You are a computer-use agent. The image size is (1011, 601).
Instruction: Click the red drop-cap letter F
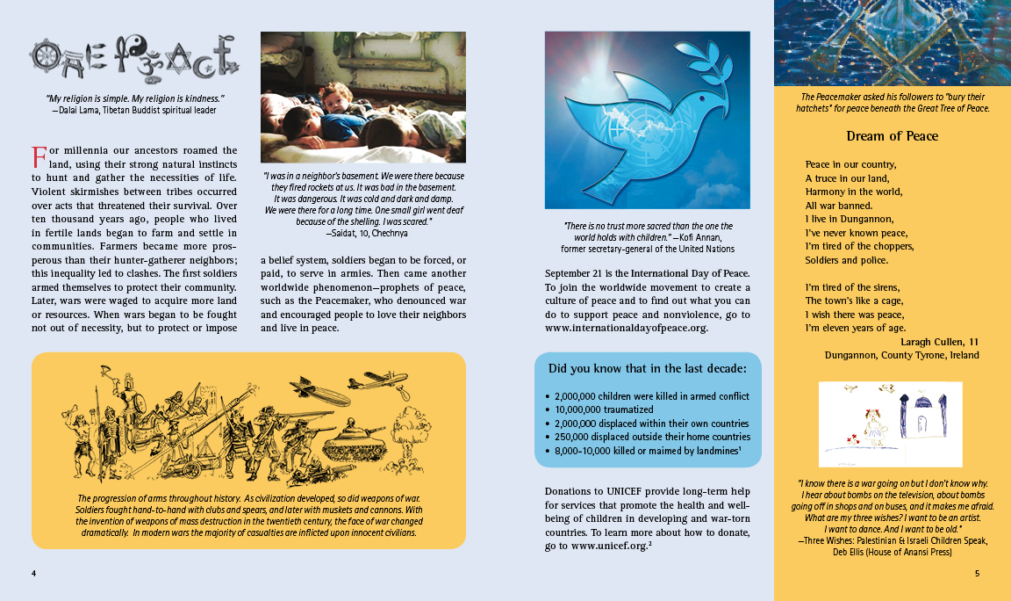tap(39, 158)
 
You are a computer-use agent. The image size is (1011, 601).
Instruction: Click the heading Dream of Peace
tap(892, 136)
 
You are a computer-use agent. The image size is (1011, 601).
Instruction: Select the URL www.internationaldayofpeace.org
tap(626, 329)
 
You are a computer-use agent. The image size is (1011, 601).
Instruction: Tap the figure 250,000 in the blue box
tap(573, 437)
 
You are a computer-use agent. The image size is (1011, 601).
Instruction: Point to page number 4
tap(33, 574)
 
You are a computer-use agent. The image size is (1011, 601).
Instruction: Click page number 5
tap(977, 574)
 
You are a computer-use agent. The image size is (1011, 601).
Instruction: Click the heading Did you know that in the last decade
tap(648, 368)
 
